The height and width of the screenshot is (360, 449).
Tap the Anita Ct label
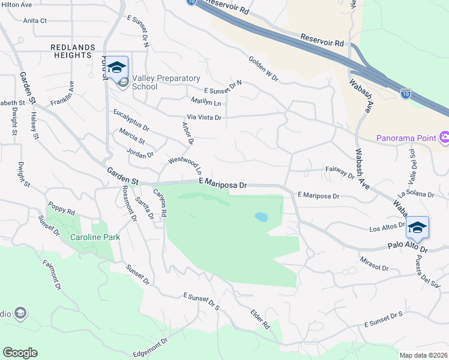pyautogui.click(x=35, y=20)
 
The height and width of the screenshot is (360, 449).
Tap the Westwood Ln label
pyautogui.click(x=188, y=166)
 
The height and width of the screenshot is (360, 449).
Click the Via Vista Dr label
pyautogui.click(x=204, y=118)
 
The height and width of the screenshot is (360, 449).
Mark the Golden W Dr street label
pyautogui.click(x=263, y=69)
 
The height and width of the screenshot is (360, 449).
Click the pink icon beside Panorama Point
pyautogui.click(x=444, y=138)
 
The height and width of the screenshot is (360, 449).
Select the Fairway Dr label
pyautogui.click(x=339, y=172)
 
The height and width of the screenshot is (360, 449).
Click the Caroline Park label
pyautogui.click(x=95, y=237)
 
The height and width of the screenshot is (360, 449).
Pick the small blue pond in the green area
pyautogui.click(x=261, y=217)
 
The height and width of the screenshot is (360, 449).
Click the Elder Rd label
pyautogui.click(x=261, y=319)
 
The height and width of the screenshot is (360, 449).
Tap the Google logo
pyautogui.click(x=20, y=353)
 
